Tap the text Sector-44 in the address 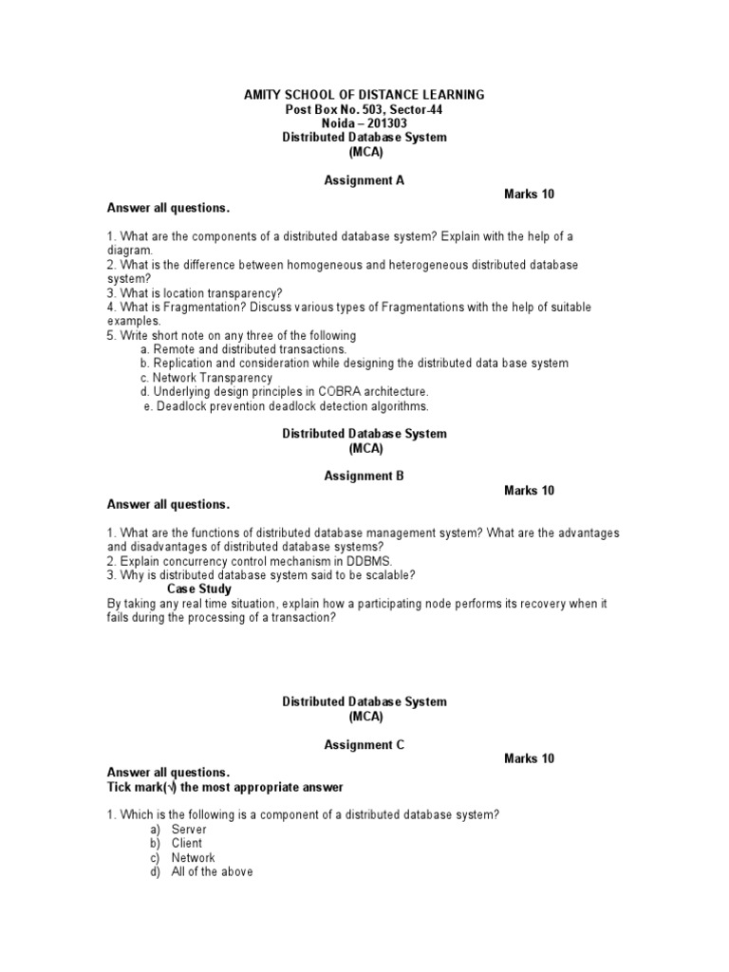tap(416, 109)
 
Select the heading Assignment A tap(364, 179)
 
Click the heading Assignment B tap(364, 477)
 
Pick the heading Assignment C tap(364, 745)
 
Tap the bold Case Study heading tap(199, 589)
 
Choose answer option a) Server tap(188, 829)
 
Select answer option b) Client tap(186, 843)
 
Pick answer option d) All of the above tap(212, 871)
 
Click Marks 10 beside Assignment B tap(529, 491)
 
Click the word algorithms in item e tap(397, 406)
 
